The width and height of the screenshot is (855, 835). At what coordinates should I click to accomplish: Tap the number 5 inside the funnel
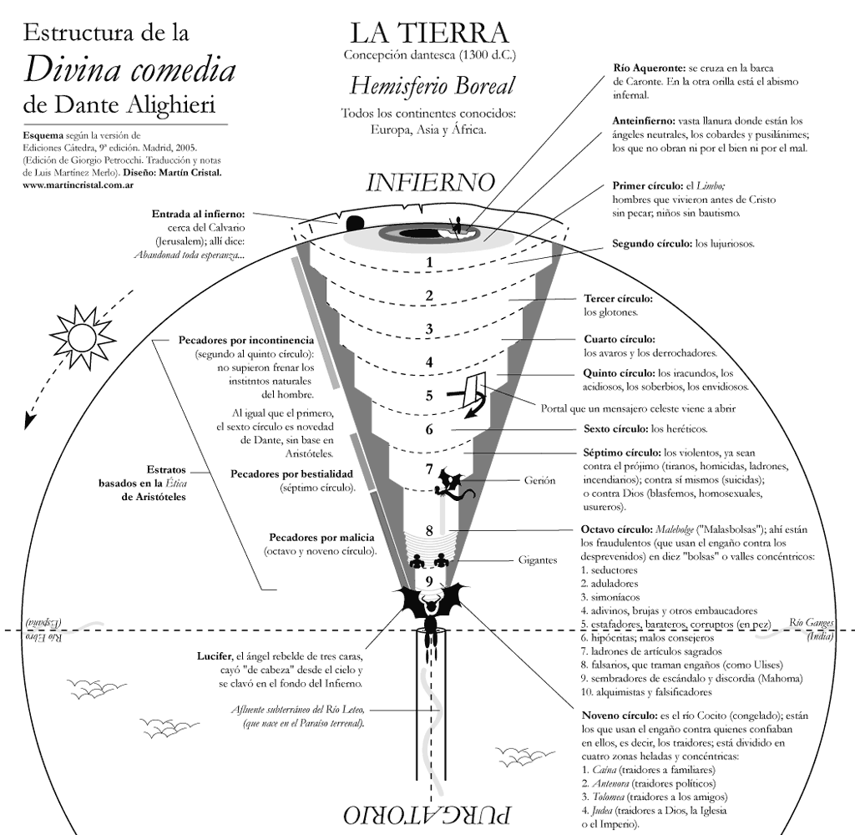pyautogui.click(x=429, y=396)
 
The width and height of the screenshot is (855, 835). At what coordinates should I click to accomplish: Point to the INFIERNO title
pyautogui.click(x=431, y=182)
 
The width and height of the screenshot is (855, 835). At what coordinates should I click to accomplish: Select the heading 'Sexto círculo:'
pyautogui.click(x=615, y=429)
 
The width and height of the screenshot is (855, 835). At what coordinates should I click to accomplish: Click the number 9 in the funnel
pyautogui.click(x=428, y=581)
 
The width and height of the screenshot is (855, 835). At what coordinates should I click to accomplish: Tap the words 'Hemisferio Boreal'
pyautogui.click(x=432, y=86)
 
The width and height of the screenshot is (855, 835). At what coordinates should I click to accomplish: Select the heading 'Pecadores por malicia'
pyautogui.click(x=321, y=537)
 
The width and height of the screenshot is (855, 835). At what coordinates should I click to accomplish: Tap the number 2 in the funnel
pyautogui.click(x=429, y=296)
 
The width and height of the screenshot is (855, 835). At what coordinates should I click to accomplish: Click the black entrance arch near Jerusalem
pyautogui.click(x=355, y=223)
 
